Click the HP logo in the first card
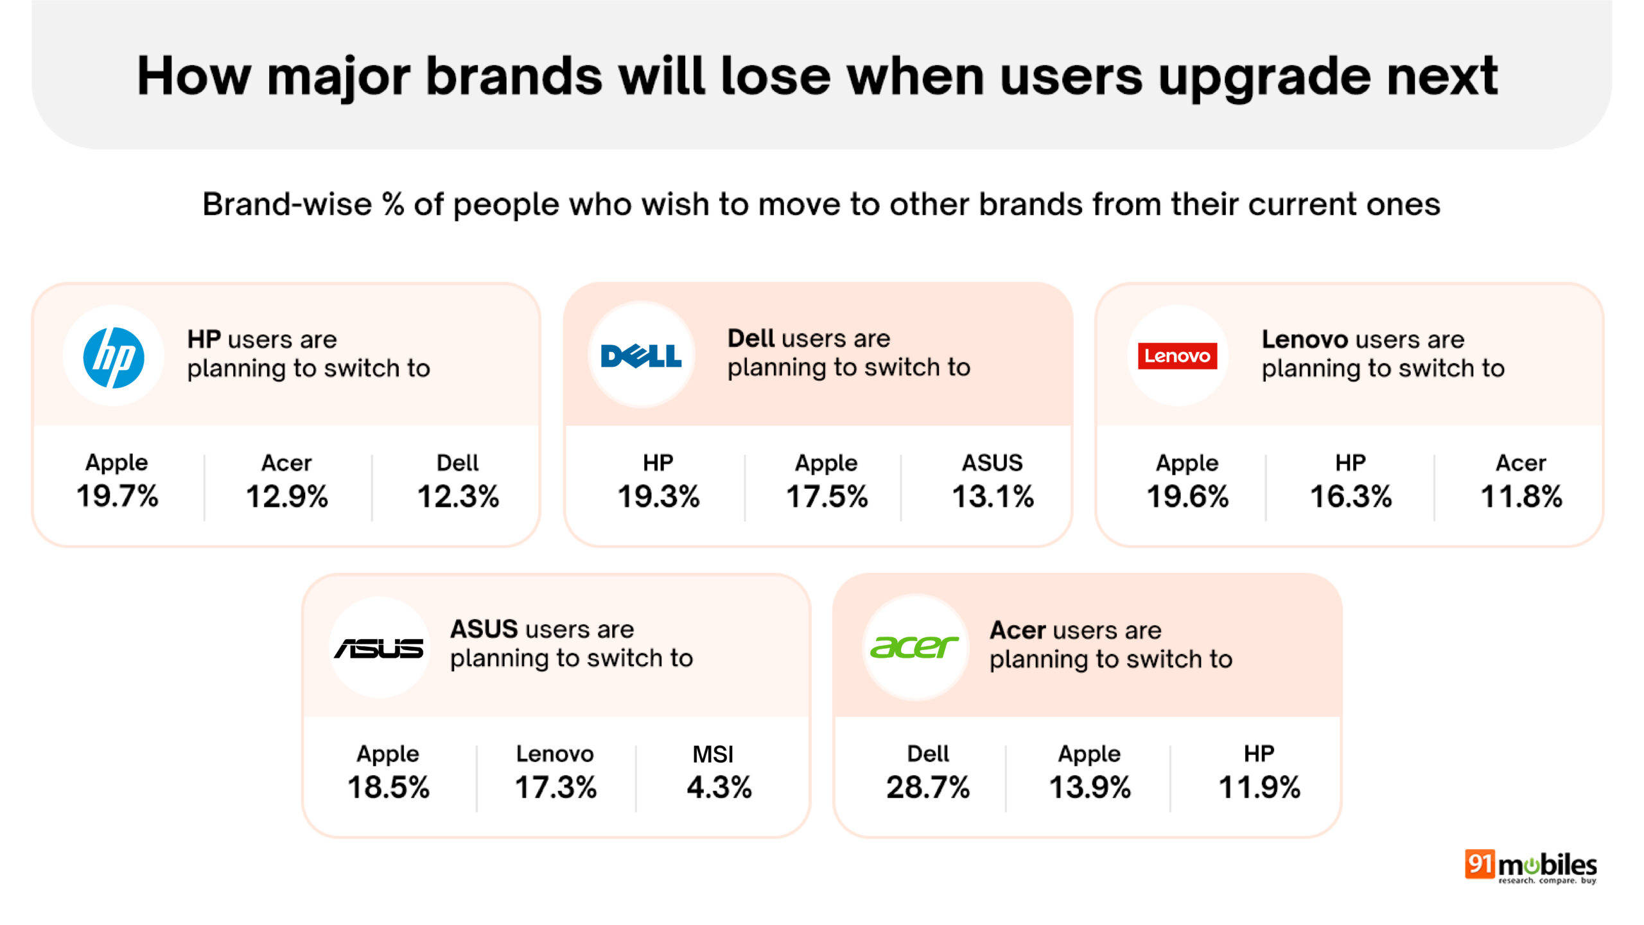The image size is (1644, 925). (x=114, y=357)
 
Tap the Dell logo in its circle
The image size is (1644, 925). (x=641, y=356)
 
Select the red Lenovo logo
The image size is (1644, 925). (x=1177, y=356)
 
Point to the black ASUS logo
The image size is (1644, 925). (x=379, y=648)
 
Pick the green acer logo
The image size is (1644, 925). (x=914, y=647)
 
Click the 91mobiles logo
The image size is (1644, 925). (x=1530, y=867)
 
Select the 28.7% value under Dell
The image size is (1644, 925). (x=928, y=788)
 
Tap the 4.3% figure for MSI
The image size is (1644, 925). (x=719, y=788)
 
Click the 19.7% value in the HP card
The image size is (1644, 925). (x=118, y=497)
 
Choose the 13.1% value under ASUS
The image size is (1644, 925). (x=993, y=497)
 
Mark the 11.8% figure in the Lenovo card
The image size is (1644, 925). (x=1521, y=497)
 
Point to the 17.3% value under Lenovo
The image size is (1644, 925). (x=555, y=788)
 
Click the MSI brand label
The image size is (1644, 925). (x=713, y=754)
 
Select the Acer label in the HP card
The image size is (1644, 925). (x=286, y=463)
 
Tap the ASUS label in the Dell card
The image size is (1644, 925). (x=992, y=463)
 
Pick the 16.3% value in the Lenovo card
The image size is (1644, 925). (x=1351, y=497)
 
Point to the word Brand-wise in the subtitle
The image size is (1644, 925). (x=287, y=204)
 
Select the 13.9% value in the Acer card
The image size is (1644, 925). (x=1090, y=788)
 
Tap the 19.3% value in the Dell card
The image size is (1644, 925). (x=658, y=497)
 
